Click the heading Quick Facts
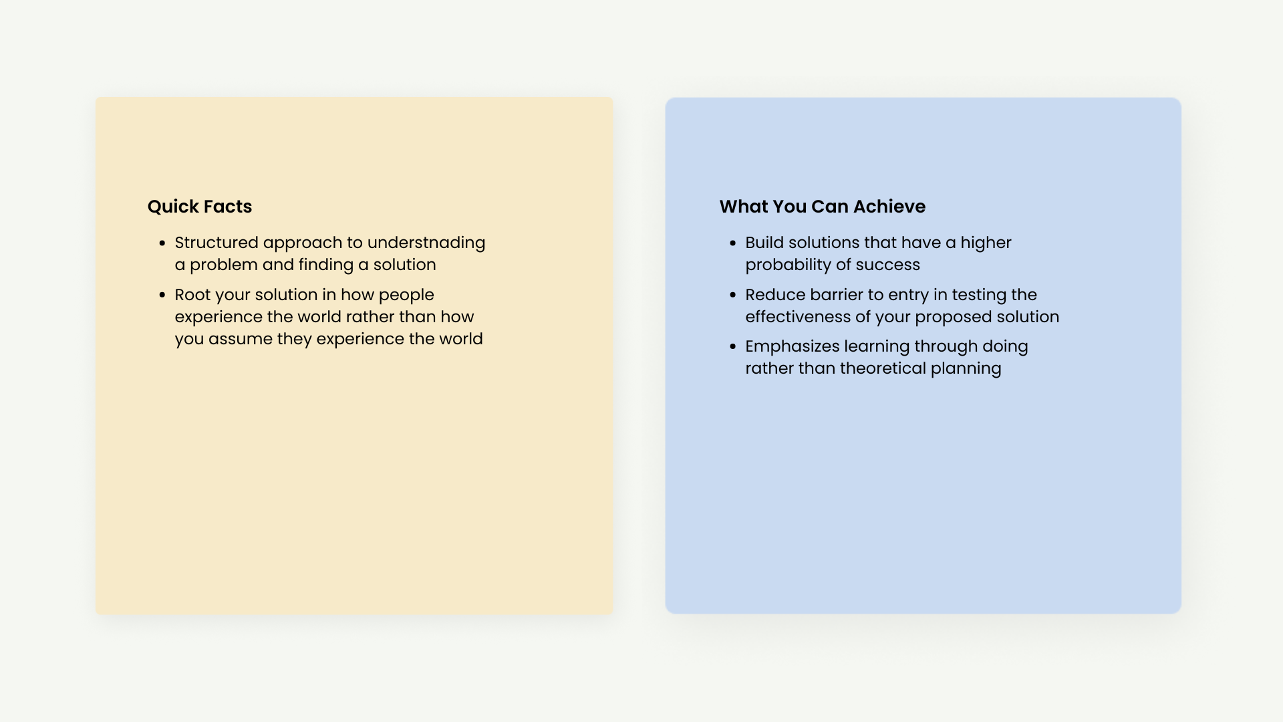pyautogui.click(x=200, y=207)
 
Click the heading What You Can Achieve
pyautogui.click(x=823, y=207)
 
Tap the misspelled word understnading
pyautogui.click(x=426, y=243)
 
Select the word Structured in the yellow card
pyautogui.click(x=217, y=243)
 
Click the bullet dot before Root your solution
pyautogui.click(x=162, y=295)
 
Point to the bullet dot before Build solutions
pyautogui.click(x=733, y=243)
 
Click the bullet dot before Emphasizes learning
pyautogui.click(x=733, y=346)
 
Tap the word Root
pyautogui.click(x=192, y=295)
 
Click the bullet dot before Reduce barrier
pyautogui.click(x=733, y=295)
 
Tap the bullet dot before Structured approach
pyautogui.click(x=162, y=243)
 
